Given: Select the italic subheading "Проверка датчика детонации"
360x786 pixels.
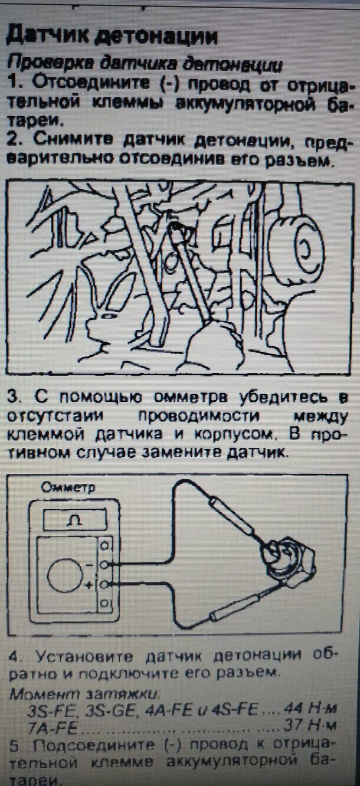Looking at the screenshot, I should point(145,64).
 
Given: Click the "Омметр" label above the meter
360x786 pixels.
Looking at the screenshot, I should point(68,487).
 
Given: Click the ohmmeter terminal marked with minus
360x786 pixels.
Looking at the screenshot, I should point(104,565).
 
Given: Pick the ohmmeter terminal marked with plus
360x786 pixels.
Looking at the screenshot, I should point(104,584).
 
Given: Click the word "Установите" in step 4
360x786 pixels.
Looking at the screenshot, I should point(74,656).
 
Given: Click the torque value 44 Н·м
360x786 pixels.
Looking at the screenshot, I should point(310,709).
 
